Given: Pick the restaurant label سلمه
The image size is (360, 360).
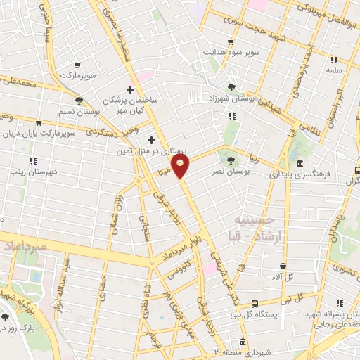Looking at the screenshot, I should coord(333,70).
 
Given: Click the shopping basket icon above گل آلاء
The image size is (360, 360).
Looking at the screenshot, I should coord(283,266).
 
